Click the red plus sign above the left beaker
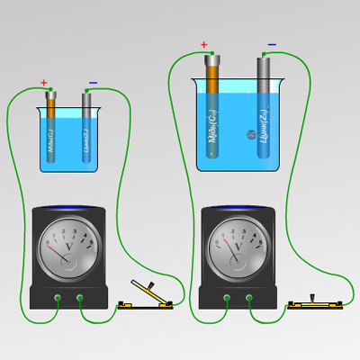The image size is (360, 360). [x=43, y=83]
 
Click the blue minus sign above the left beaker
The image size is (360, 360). [x=93, y=84]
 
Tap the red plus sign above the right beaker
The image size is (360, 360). [x=204, y=44]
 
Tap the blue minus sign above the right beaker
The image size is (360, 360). [x=272, y=44]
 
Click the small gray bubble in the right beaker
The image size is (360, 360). [x=240, y=135]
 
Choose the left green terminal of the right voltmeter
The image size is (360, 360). [x=227, y=298]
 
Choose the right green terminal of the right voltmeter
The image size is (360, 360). [x=251, y=298]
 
